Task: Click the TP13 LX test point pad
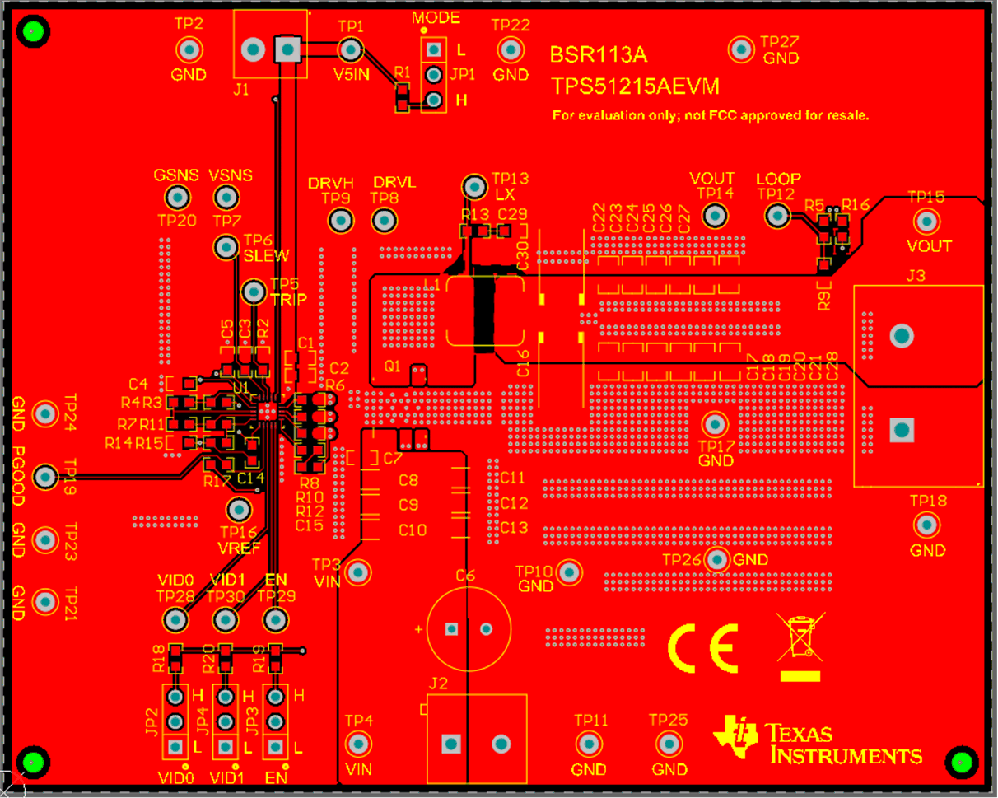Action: [x=474, y=187]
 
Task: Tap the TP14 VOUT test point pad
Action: [x=715, y=216]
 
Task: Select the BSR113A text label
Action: [x=599, y=56]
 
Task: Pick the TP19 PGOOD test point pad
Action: [x=45, y=476]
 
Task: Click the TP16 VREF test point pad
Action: [x=239, y=509]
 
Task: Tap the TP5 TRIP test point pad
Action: [x=254, y=292]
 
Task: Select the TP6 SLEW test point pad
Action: [x=225, y=246]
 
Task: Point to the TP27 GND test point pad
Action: [x=741, y=49]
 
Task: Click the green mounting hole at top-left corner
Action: [x=34, y=33]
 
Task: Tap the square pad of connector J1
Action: [x=287, y=50]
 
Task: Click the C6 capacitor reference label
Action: [x=465, y=576]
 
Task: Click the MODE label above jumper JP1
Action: [x=436, y=18]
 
